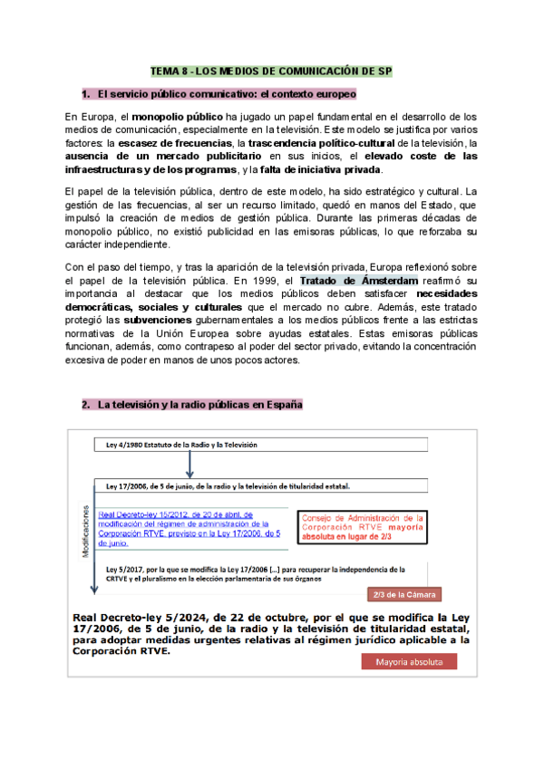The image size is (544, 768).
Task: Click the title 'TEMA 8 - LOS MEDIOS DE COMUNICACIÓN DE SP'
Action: coord(272,72)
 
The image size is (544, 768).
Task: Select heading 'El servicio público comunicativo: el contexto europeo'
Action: coord(227,94)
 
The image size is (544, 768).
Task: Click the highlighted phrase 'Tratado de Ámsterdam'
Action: coord(358,280)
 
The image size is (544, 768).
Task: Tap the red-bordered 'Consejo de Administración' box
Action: coord(362,524)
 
